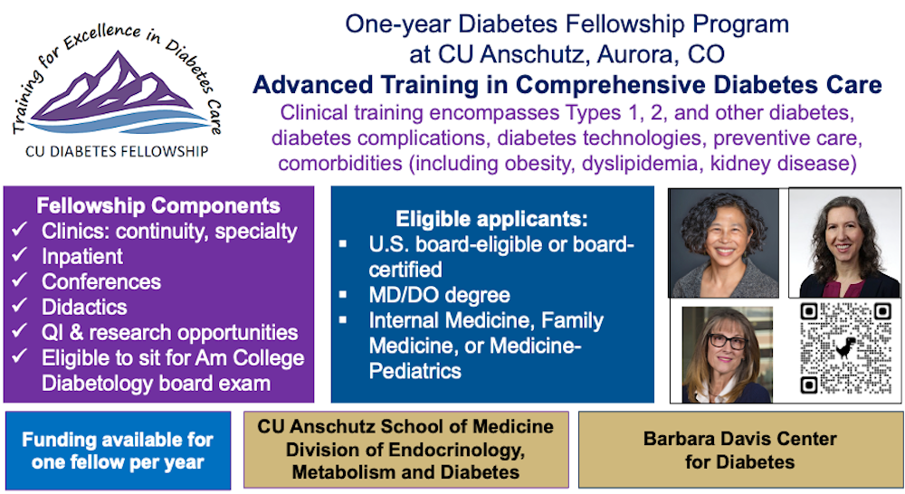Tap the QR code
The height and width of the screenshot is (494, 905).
(844, 348)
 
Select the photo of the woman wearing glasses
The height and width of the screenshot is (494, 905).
(726, 354)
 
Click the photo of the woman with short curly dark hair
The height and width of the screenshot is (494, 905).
(723, 242)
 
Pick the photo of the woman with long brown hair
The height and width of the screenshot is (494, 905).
(843, 242)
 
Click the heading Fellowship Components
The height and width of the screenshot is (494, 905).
(158, 205)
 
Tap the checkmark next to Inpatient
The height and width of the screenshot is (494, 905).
(19, 257)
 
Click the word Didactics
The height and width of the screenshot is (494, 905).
(84, 308)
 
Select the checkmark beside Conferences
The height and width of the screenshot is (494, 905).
(19, 282)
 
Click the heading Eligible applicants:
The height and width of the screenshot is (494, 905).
(491, 219)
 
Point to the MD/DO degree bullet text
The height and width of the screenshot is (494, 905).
(439, 295)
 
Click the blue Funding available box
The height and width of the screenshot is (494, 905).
(118, 451)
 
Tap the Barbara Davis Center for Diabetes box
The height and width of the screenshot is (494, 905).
(739, 450)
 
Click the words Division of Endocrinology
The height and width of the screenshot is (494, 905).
(405, 450)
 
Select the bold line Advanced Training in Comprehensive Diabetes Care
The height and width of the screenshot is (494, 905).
(567, 85)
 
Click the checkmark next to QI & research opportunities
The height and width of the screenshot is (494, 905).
(19, 333)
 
